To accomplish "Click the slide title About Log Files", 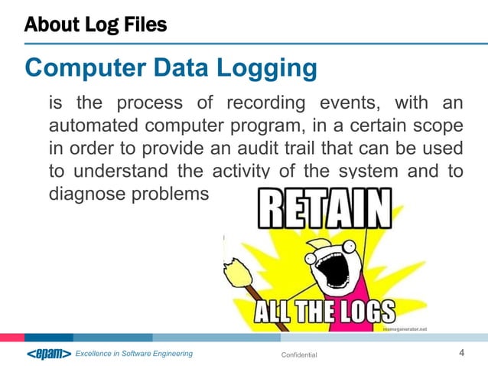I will [95, 25].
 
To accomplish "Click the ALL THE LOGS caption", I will [325, 310].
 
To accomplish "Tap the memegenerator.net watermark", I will [404, 328].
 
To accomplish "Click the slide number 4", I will [461, 353].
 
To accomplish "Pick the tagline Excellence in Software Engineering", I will [134, 354].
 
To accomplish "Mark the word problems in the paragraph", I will [174, 194].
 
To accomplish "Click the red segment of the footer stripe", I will [11, 337].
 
